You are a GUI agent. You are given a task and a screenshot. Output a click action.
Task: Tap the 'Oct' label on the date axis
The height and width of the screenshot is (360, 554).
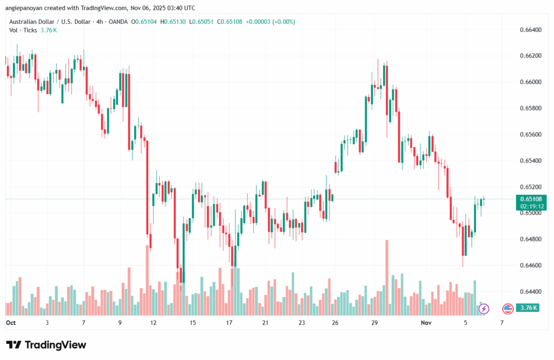[x=11, y=322]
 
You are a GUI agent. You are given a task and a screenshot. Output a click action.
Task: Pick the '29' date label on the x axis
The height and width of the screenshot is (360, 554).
[x=374, y=322]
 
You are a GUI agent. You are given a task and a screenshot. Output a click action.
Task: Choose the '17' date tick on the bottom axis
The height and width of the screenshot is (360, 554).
[x=229, y=322]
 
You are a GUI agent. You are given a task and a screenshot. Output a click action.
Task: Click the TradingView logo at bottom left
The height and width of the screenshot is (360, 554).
[x=46, y=345]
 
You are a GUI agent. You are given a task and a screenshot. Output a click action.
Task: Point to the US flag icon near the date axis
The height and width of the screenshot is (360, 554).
[x=507, y=309]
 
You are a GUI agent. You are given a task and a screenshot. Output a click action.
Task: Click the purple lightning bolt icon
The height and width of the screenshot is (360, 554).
[x=484, y=309]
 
